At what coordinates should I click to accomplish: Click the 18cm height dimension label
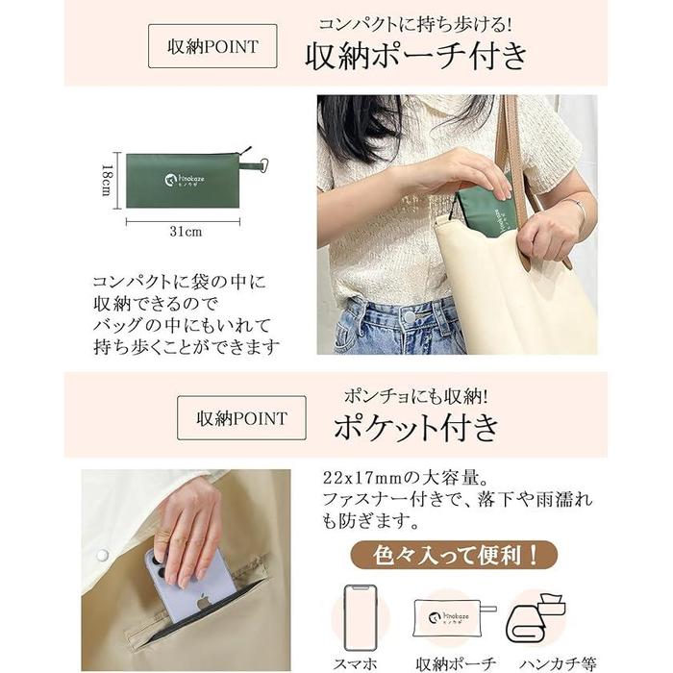(107, 181)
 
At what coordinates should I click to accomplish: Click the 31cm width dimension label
(186, 232)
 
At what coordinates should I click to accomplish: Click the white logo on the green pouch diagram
(185, 180)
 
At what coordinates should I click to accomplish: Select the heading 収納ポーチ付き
(416, 56)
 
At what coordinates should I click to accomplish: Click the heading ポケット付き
(416, 427)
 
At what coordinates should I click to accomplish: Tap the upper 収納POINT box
(212, 46)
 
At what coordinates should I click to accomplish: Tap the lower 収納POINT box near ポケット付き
(241, 417)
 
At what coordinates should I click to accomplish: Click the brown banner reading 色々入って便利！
(454, 555)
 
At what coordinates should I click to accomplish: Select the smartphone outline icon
(361, 617)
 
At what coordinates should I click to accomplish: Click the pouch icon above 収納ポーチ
(454, 618)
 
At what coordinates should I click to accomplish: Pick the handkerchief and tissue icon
(536, 618)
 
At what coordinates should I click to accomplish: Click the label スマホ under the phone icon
(355, 664)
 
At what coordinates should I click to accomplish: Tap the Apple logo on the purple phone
(204, 602)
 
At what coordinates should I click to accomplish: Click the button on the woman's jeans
(409, 317)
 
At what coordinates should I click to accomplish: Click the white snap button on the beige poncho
(102, 555)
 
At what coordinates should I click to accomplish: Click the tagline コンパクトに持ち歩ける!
(415, 24)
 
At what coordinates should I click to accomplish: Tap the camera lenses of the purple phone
(158, 564)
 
